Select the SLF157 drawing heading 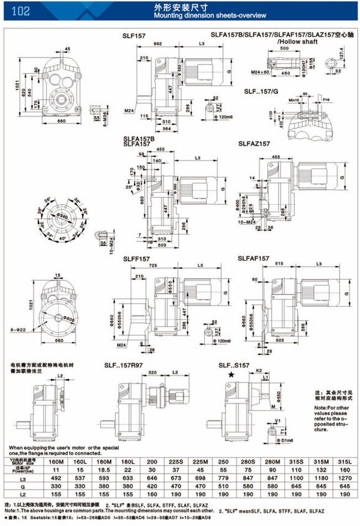[134, 35]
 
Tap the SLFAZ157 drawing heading [254, 144]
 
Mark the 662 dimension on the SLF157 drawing [157, 43]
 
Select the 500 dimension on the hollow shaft [284, 49]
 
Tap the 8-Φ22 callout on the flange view [18, 330]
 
